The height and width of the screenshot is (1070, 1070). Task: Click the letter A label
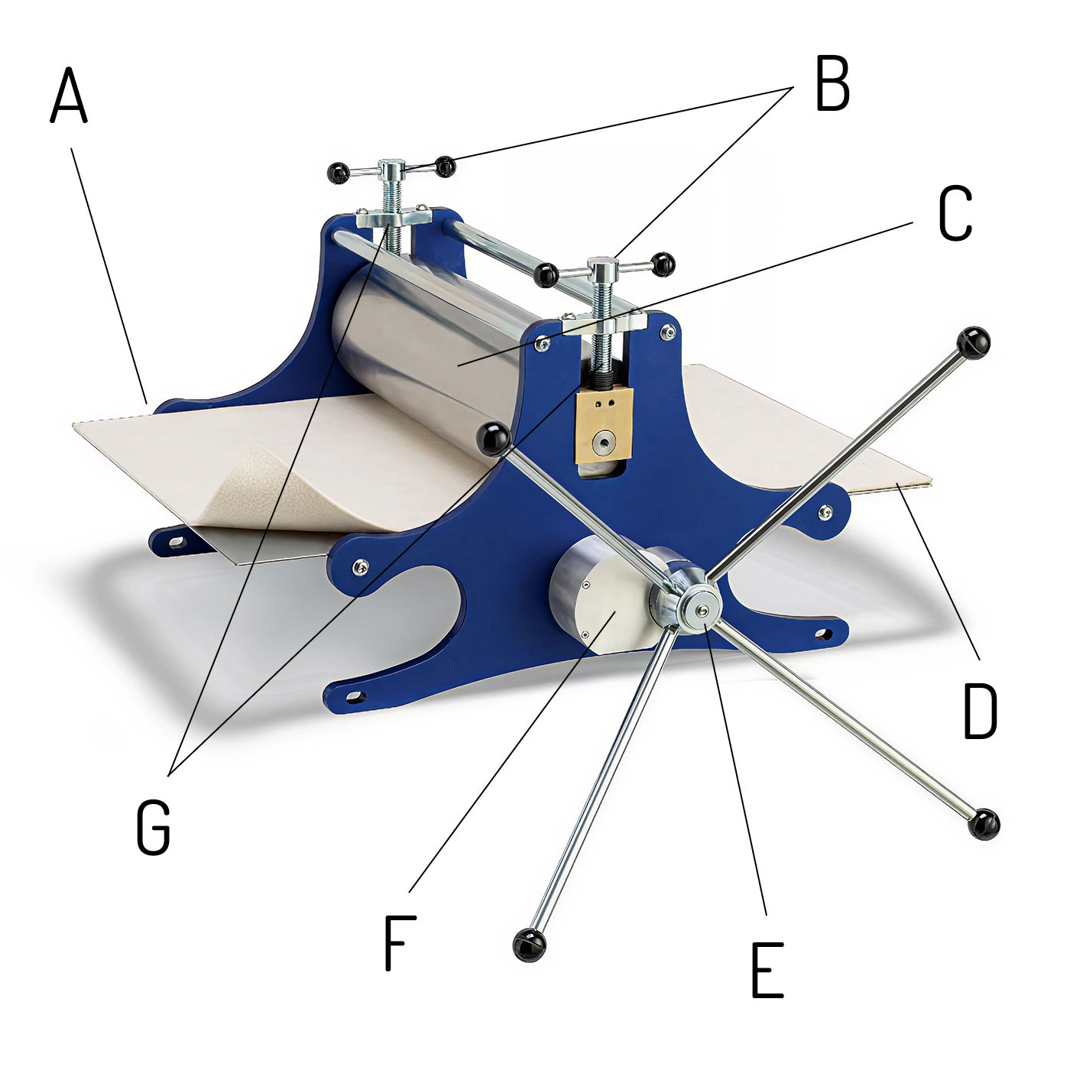point(69,95)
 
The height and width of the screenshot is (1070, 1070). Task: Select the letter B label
point(832,83)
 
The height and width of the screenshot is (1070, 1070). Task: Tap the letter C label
point(955,212)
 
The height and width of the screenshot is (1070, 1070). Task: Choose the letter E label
point(767,970)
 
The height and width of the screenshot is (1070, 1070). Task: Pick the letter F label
point(400,943)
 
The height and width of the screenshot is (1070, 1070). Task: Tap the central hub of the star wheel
point(702,610)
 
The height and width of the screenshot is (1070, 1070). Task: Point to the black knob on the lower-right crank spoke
point(984,823)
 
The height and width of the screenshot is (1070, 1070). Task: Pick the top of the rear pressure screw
point(391,165)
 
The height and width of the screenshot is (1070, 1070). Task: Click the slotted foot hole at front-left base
point(354,695)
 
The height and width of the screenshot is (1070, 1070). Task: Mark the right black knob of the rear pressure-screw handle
point(445,167)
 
